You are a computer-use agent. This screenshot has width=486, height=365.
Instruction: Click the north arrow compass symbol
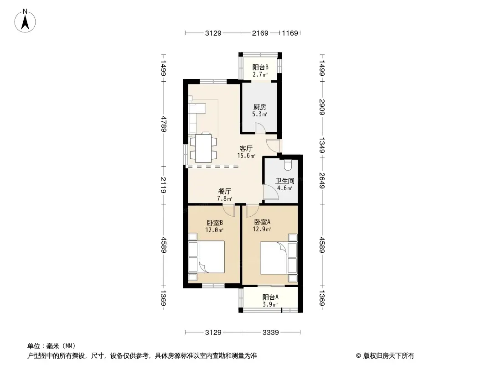pyautogui.click(x=25, y=21)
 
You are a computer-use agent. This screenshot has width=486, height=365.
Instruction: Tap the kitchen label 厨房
pyautogui.click(x=260, y=107)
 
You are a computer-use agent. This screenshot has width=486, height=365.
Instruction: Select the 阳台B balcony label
pyautogui.click(x=260, y=67)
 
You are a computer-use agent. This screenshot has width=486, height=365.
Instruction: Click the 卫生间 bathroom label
pyautogui.click(x=285, y=181)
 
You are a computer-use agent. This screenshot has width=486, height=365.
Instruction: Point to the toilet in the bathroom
pyautogui.click(x=288, y=165)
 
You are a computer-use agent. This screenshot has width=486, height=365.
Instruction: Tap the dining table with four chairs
pyautogui.click(x=203, y=148)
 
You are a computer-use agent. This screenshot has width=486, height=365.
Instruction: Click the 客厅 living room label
pyautogui.click(x=246, y=149)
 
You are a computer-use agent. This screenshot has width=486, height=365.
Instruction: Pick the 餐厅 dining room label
pyautogui.click(x=225, y=192)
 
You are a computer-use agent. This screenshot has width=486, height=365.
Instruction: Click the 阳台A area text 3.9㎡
pyautogui.click(x=270, y=304)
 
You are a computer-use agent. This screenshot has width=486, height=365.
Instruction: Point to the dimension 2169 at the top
pyautogui.click(x=260, y=33)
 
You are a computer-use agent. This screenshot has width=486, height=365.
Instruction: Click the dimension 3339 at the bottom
pyautogui.click(x=271, y=333)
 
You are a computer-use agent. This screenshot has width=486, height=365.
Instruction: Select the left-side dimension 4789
pyautogui.click(x=164, y=124)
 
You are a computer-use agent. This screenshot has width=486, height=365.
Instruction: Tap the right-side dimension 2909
pyautogui.click(x=322, y=107)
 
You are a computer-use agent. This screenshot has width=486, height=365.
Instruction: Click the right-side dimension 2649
pyautogui.click(x=322, y=181)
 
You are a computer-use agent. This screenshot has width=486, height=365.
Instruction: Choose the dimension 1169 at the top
pyautogui.click(x=290, y=33)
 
